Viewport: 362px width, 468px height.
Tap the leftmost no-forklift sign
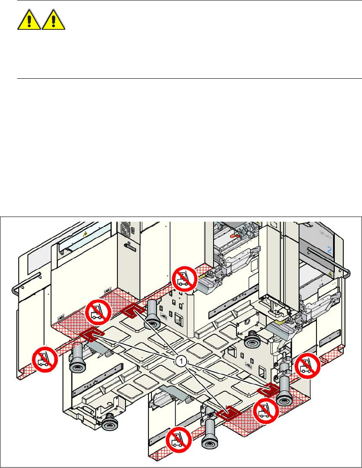click(x=45, y=360)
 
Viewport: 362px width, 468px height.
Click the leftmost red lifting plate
click(x=90, y=335)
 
